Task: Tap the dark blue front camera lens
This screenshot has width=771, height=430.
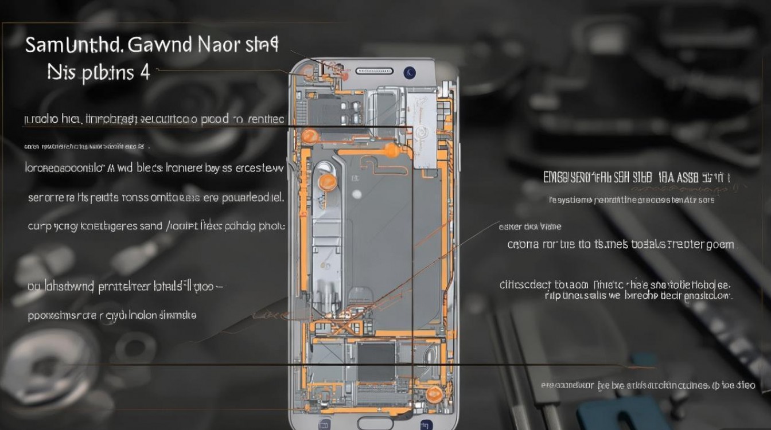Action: tap(410, 72)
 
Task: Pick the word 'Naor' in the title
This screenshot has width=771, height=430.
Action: tap(218, 45)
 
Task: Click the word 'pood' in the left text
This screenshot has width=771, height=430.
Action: tap(216, 119)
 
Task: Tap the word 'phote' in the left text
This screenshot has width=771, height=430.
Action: tap(271, 225)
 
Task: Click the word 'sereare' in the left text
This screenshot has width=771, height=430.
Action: tap(45, 198)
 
